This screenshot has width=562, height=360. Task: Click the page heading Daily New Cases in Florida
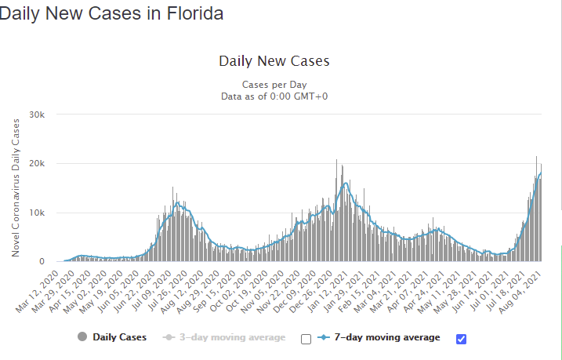111,13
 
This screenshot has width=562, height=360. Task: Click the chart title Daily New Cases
274,61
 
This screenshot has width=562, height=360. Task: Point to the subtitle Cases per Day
274,84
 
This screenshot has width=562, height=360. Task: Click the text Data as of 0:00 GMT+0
274,96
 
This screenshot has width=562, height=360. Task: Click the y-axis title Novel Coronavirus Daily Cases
16,187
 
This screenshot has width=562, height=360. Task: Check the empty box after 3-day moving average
306,339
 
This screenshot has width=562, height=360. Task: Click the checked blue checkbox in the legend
461,338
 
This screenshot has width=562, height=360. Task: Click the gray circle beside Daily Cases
83,337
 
